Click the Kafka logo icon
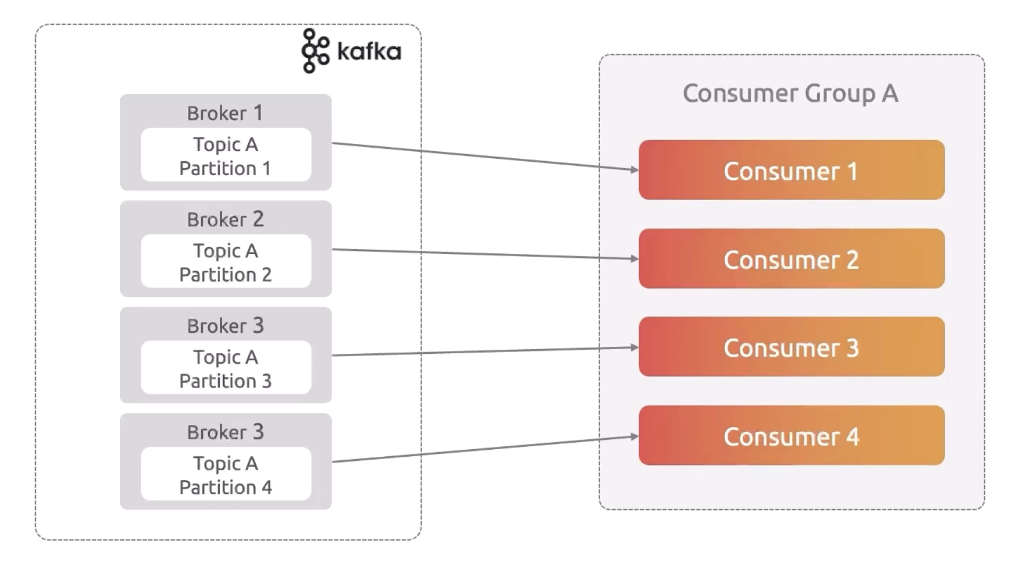(x=315, y=51)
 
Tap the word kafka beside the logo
(x=369, y=52)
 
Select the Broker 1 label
(x=225, y=113)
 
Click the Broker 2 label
(x=225, y=219)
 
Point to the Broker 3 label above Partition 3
(x=225, y=326)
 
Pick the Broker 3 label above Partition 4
(x=225, y=432)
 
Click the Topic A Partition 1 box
(x=226, y=156)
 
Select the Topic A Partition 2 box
(x=226, y=262)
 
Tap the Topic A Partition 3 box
(x=226, y=369)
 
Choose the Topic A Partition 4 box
(x=226, y=475)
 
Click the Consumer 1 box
(x=791, y=170)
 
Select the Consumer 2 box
(x=791, y=259)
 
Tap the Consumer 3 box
(x=791, y=347)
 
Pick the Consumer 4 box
(x=791, y=436)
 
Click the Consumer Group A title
(x=790, y=93)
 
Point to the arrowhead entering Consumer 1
(x=634, y=170)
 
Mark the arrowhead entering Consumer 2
(x=634, y=259)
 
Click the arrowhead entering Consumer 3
(x=634, y=347)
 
